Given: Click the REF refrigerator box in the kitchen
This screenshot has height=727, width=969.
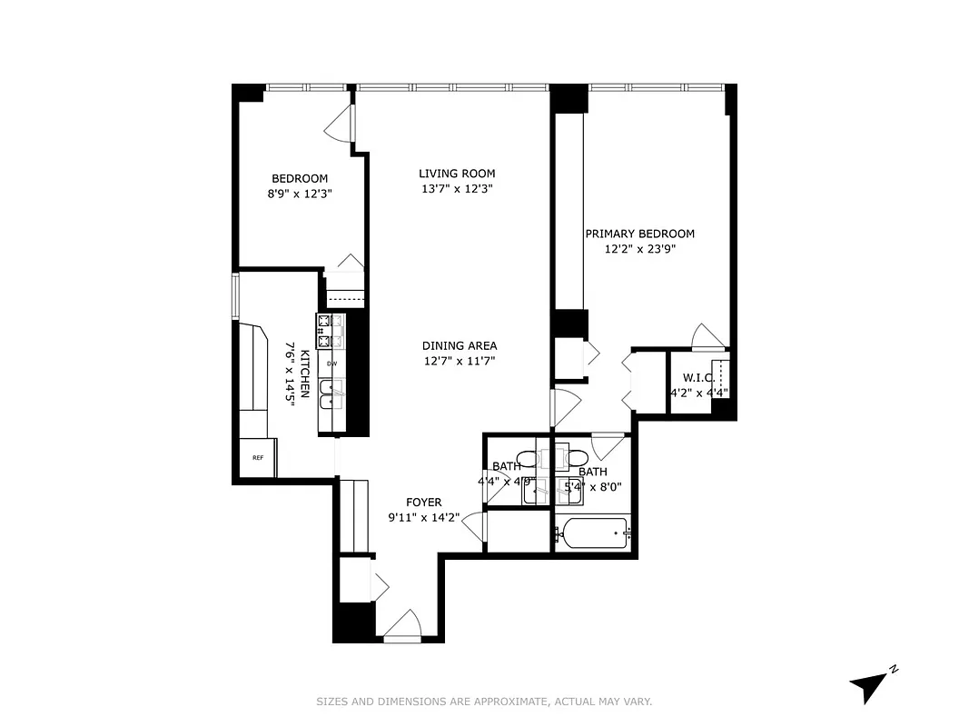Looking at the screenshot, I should pyautogui.click(x=258, y=458).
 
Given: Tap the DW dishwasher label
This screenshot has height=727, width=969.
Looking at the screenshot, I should pyautogui.click(x=331, y=363).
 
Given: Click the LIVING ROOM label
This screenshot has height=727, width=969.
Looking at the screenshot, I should pyautogui.click(x=457, y=174).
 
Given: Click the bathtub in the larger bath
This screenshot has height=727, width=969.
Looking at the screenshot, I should pyautogui.click(x=592, y=533).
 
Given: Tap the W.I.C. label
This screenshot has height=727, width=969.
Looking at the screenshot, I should pyautogui.click(x=697, y=378).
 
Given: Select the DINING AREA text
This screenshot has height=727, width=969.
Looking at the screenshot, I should pyautogui.click(x=460, y=346).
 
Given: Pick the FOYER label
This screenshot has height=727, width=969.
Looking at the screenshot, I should pyautogui.click(x=423, y=503).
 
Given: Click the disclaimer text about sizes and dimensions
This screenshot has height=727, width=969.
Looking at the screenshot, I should pyautogui.click(x=484, y=702).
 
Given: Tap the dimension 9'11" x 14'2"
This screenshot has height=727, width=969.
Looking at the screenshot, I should pyautogui.click(x=423, y=519).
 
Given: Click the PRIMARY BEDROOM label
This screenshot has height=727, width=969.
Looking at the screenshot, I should pyautogui.click(x=639, y=234).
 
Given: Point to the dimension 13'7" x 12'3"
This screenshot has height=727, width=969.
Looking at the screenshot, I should pyautogui.click(x=457, y=189).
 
